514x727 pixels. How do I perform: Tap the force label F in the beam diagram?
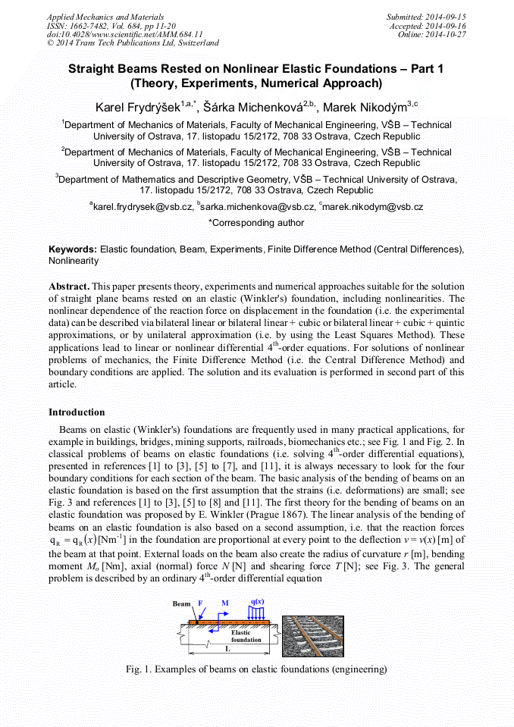click(x=201, y=603)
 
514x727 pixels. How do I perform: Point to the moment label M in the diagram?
click(x=224, y=603)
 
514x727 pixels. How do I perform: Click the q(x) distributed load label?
click(x=258, y=603)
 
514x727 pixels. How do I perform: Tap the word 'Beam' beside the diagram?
click(x=181, y=604)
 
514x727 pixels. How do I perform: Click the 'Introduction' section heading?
click(x=77, y=412)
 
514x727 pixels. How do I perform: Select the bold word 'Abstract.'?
click(x=71, y=288)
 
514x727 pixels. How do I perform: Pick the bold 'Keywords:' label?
click(x=73, y=249)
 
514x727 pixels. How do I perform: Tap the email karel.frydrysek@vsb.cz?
click(x=142, y=206)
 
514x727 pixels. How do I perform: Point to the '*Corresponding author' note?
click(x=256, y=223)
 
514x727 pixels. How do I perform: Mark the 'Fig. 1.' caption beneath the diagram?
click(x=256, y=670)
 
